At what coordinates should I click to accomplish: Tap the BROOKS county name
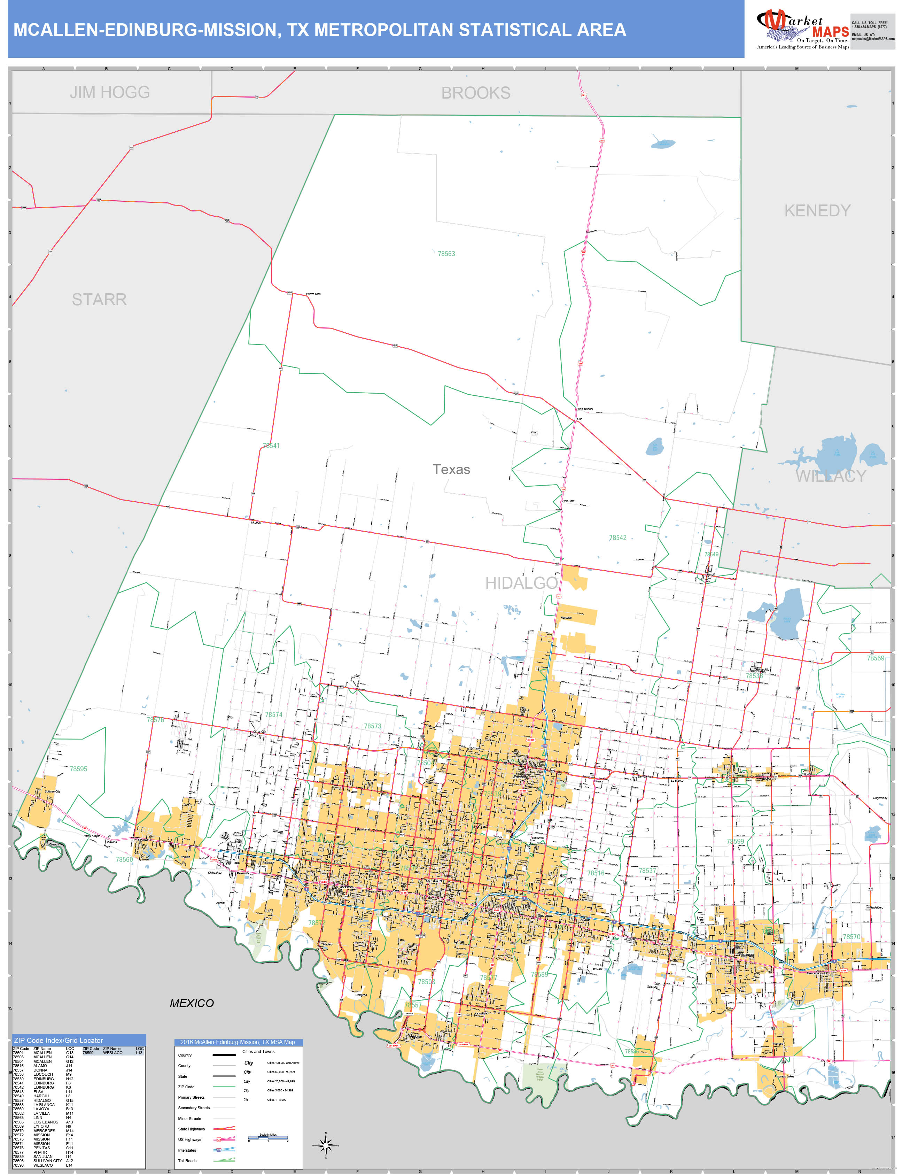click(x=476, y=93)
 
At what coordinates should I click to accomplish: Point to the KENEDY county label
click(x=817, y=210)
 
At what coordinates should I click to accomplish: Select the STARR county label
click(x=99, y=299)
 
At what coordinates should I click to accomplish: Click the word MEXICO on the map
click(x=192, y=1003)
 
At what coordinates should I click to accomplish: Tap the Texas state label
click(x=451, y=469)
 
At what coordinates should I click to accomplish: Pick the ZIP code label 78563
click(x=446, y=254)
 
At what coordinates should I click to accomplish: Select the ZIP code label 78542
click(x=617, y=538)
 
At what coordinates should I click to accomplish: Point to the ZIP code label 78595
click(x=78, y=769)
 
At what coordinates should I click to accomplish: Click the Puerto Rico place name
click(x=313, y=294)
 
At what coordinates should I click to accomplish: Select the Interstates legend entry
click(x=187, y=1150)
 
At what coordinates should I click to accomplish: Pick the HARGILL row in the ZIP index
click(x=41, y=1096)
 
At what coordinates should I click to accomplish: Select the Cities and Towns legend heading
click(x=258, y=1051)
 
